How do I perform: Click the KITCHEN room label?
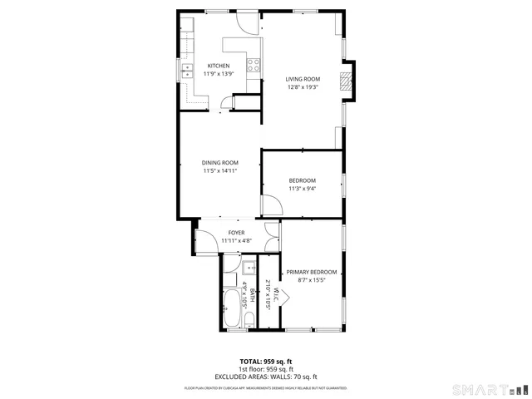click(x=219, y=66)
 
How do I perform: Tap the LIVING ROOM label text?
click(x=303, y=79)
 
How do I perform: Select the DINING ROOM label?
click(x=220, y=163)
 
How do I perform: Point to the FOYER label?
click(x=236, y=234)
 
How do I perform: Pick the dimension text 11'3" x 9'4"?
click(x=303, y=189)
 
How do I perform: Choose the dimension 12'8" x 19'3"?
click(x=303, y=87)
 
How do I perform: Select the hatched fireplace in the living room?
click(x=346, y=80)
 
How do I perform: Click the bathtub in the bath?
click(x=229, y=308)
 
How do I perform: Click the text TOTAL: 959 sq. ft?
click(x=266, y=361)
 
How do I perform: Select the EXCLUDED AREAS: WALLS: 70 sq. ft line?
click(x=266, y=377)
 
